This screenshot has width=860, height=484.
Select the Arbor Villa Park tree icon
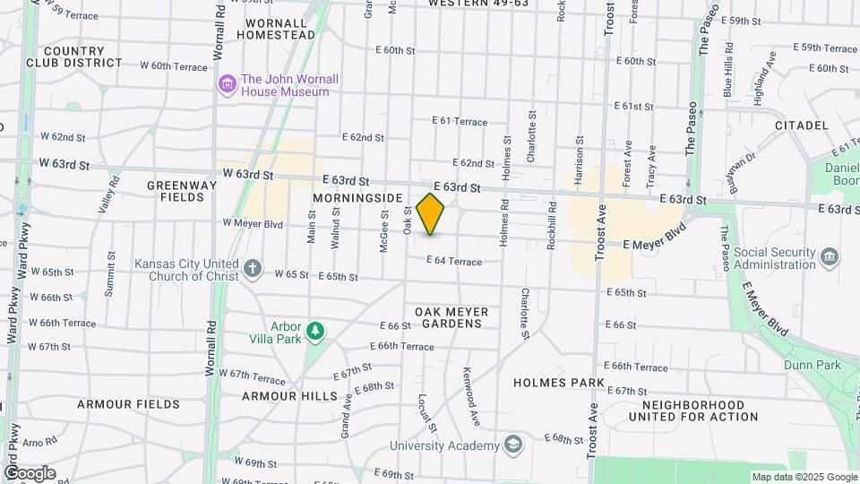point(314,332)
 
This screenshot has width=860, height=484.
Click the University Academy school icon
point(513,445)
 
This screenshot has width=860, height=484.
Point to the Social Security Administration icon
point(830,258)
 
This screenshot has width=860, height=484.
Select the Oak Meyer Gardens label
point(451,317)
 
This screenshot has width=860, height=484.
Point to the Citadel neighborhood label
point(800,125)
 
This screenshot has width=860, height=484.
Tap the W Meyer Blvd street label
point(253,224)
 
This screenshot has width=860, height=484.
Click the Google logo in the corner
point(30,472)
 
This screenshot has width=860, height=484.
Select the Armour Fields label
point(117,404)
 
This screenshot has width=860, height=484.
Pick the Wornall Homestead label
point(276,27)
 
